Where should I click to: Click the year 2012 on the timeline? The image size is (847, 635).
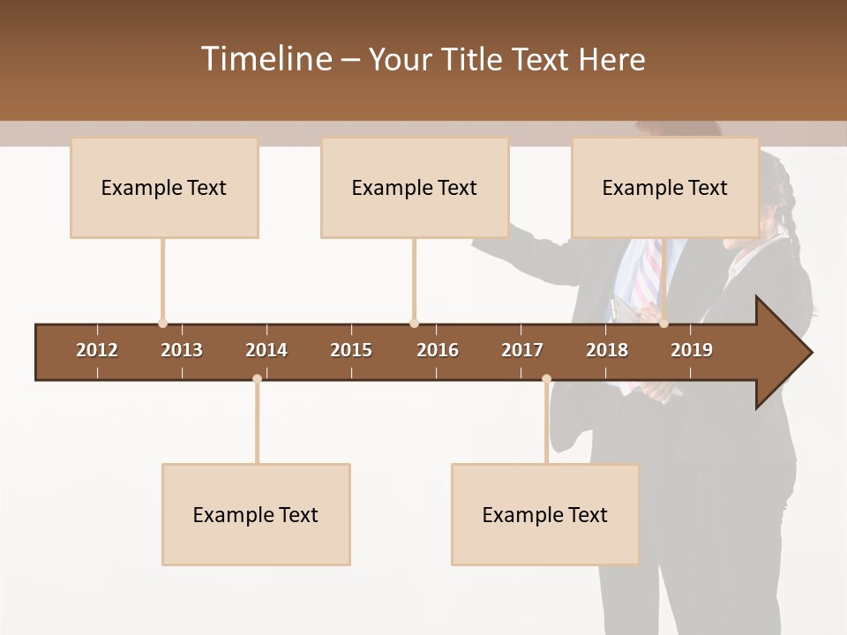(x=97, y=350)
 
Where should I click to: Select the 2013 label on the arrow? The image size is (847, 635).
(x=182, y=350)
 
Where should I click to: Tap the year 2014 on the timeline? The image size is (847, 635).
(x=266, y=350)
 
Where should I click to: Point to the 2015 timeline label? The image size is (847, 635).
(x=351, y=350)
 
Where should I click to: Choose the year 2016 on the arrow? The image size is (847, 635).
(x=438, y=350)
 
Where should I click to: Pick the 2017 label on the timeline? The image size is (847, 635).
(x=522, y=350)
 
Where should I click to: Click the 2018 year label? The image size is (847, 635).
(x=607, y=350)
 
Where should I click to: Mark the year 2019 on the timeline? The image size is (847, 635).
(x=692, y=350)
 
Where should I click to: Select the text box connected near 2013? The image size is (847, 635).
(x=164, y=187)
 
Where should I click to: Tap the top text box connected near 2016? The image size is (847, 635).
(x=415, y=187)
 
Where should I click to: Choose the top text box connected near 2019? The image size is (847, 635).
(x=665, y=187)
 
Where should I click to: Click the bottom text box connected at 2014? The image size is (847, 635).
(x=256, y=514)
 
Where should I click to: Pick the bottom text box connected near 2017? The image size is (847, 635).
(x=545, y=514)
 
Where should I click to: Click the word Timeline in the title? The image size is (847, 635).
(x=266, y=59)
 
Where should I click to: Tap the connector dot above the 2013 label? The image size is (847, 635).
(x=162, y=324)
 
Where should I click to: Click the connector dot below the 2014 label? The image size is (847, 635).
(x=257, y=379)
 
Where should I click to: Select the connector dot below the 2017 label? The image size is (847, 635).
(x=546, y=379)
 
